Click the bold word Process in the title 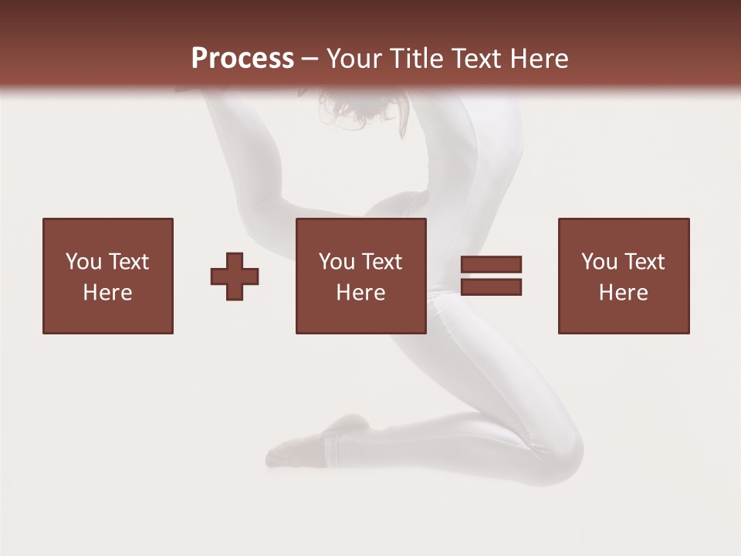coord(242,58)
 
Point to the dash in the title coord(310,59)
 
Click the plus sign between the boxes coord(235,276)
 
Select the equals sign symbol coord(492,276)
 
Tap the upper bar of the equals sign coord(492,265)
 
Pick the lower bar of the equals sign coord(492,287)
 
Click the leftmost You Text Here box coord(107,276)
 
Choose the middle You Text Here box coord(360,276)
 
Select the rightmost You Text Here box coord(623,276)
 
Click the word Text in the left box coord(128,262)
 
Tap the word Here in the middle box coord(360,292)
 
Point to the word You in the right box coord(600,262)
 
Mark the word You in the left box coord(84,262)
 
